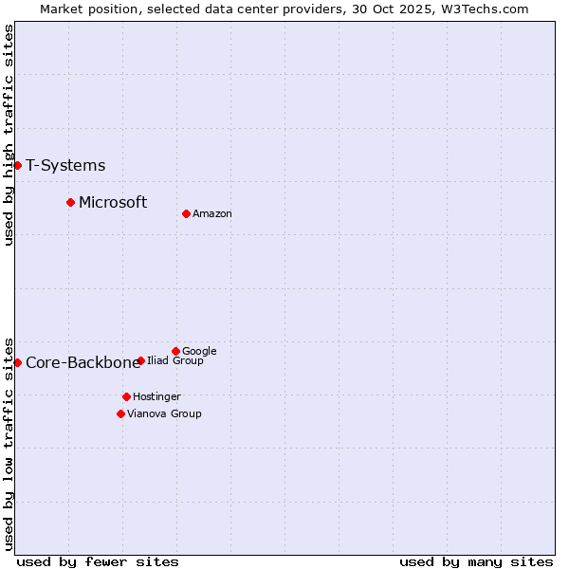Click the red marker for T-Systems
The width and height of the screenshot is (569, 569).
(17, 165)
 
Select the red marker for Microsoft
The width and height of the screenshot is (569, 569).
(70, 202)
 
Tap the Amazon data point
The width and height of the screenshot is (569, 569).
(186, 213)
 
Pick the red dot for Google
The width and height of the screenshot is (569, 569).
(175, 351)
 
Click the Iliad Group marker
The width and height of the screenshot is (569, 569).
(140, 360)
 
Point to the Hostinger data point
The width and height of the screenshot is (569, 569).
(126, 396)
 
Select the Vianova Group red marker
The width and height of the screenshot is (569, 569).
(120, 413)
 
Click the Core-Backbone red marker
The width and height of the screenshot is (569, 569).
(17, 362)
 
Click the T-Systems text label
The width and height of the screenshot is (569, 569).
(65, 166)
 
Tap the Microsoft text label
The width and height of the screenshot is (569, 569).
(113, 202)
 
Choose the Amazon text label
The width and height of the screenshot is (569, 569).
(212, 214)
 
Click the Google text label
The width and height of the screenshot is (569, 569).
(199, 352)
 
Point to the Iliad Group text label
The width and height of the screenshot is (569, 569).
(175, 361)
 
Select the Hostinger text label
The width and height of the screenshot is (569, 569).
(156, 397)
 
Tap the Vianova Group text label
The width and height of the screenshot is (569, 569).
(164, 414)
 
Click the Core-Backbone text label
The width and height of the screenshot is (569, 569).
(83, 363)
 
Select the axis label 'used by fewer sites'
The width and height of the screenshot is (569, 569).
(98, 561)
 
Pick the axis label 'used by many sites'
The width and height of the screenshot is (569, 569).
(476, 561)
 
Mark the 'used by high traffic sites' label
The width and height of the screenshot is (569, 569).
(9, 135)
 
